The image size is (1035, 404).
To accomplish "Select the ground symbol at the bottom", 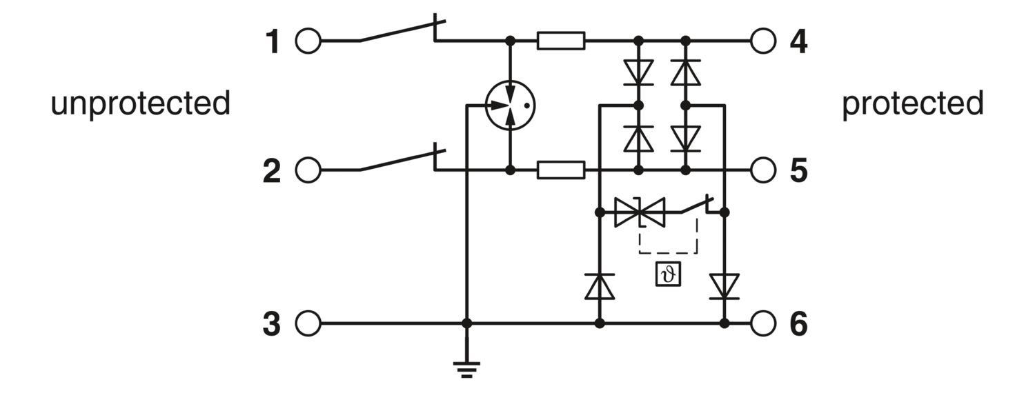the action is click(x=466, y=370).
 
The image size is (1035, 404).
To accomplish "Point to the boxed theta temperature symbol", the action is click(x=668, y=274).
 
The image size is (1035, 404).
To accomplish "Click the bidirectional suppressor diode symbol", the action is click(x=640, y=212).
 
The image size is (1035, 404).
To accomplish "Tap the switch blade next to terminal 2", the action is click(x=403, y=160).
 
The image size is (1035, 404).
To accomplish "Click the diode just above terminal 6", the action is click(x=724, y=286).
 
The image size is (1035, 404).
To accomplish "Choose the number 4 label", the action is click(x=798, y=41).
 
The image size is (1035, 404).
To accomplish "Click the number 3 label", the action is click(x=272, y=323).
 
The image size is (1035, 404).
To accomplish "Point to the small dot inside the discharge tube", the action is click(x=526, y=105).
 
